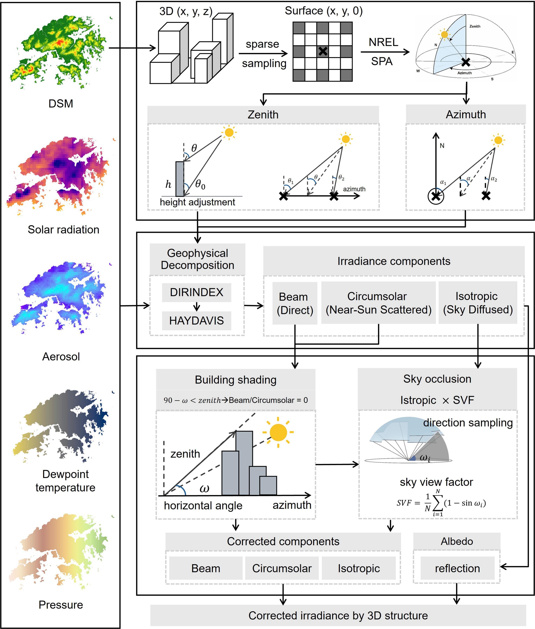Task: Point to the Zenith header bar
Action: (x=263, y=115)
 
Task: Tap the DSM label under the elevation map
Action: (x=61, y=104)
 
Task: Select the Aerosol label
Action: (x=61, y=357)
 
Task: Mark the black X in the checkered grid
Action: (x=323, y=51)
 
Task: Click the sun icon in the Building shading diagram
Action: (x=278, y=432)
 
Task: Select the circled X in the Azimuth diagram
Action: (x=436, y=196)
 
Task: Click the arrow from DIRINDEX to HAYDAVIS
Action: (x=197, y=306)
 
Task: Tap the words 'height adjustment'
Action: (x=197, y=202)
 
